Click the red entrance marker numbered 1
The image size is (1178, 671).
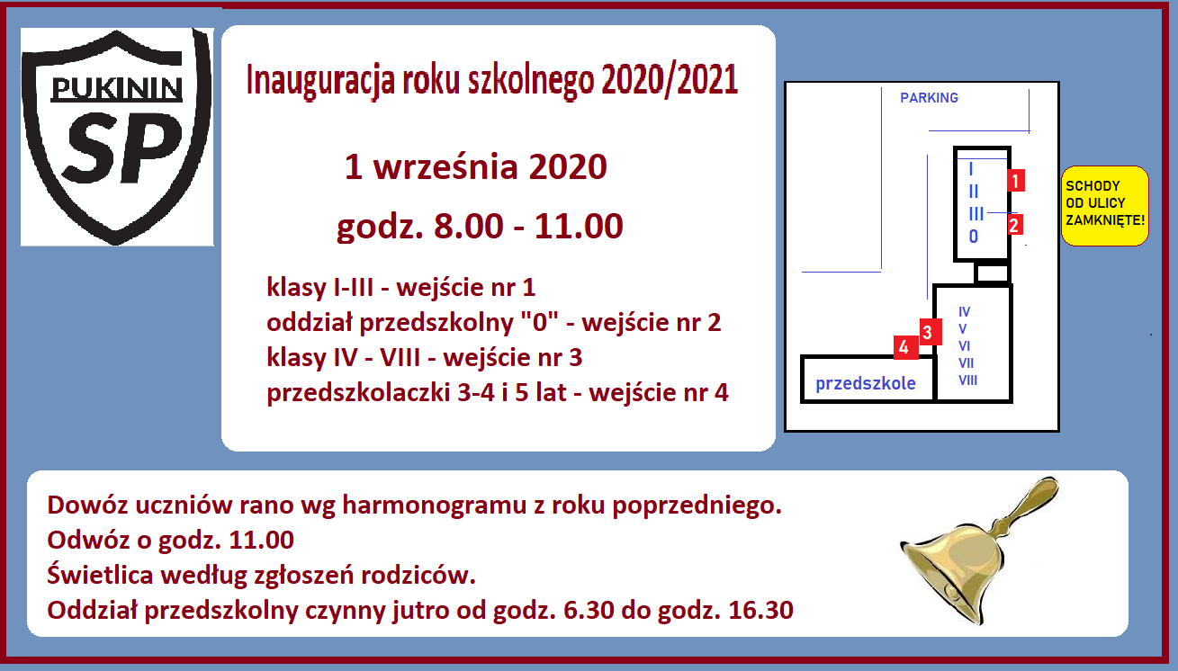[x=1016, y=180]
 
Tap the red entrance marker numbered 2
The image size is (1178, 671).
[x=1014, y=225]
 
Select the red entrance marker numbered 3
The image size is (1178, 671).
[x=931, y=332]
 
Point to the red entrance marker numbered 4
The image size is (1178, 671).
[x=905, y=347]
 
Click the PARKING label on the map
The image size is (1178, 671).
[x=929, y=98]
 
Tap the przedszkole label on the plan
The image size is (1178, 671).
[x=865, y=383]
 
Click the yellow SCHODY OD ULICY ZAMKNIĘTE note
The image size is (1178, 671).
[x=1105, y=205]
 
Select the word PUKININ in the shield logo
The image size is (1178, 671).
[x=117, y=89]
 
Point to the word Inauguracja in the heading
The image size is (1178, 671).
[x=320, y=81]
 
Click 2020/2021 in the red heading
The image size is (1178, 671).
[x=670, y=80]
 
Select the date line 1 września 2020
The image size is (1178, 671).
[x=475, y=167]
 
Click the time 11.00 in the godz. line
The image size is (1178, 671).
[x=579, y=227]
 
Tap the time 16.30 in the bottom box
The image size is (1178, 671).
[x=760, y=610]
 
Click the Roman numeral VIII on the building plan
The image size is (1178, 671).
[x=967, y=380]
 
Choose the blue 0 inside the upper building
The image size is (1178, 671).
[x=974, y=237]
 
